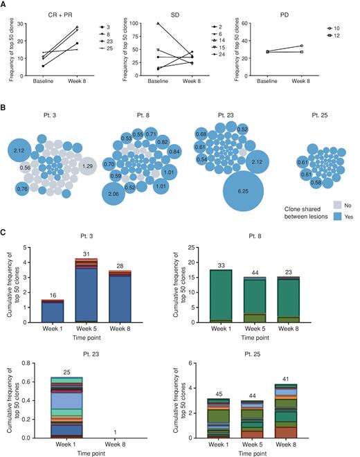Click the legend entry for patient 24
coord(217,53)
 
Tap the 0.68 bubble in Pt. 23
coord(202,134)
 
